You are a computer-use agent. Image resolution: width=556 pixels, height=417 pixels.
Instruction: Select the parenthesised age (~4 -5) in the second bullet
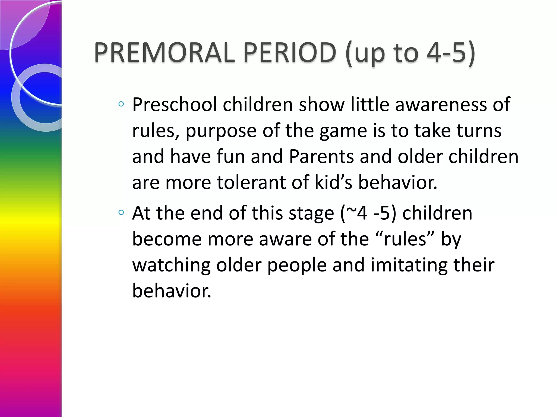368,213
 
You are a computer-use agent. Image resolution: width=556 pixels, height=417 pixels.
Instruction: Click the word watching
171,266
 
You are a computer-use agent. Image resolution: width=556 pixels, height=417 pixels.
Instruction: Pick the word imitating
409,266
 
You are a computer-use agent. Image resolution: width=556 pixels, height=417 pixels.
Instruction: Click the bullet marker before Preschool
121,104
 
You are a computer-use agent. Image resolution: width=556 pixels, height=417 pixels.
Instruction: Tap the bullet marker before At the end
121,212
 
